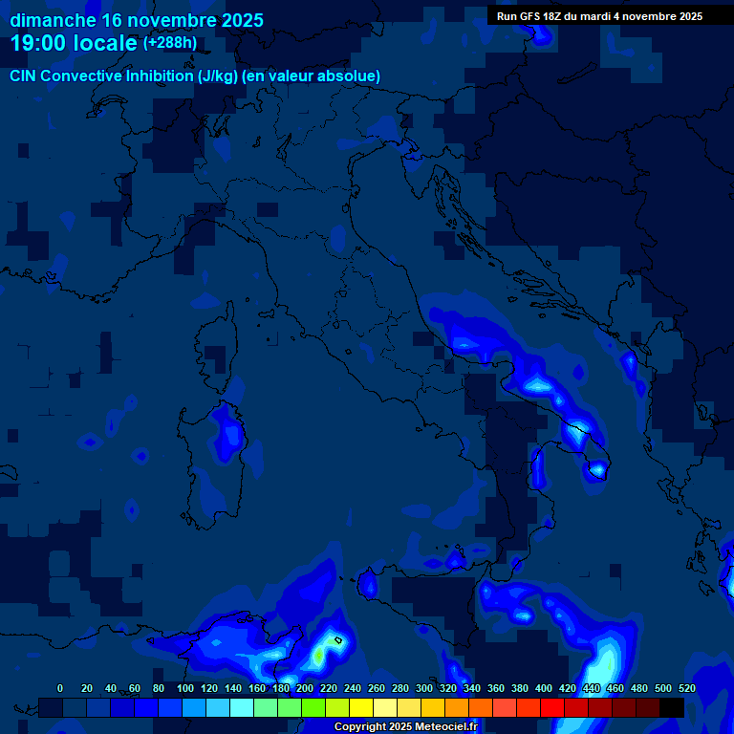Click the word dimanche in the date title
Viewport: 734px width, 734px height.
[x=53, y=19]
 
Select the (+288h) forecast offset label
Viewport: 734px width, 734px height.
[x=170, y=43]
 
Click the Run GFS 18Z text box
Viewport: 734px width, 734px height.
[x=599, y=15]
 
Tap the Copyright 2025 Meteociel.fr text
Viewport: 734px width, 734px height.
[x=405, y=726]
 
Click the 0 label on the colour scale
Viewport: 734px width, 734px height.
[x=60, y=688]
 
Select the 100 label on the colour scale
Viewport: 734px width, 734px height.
[x=185, y=688]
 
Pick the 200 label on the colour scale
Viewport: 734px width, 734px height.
[x=305, y=688]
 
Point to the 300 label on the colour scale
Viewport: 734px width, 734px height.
[x=424, y=688]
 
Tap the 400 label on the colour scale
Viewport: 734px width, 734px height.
[x=544, y=688]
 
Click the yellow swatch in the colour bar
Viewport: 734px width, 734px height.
[x=361, y=707]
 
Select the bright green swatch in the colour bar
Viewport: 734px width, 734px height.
[x=313, y=707]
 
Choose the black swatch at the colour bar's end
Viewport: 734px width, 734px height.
[x=672, y=707]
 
